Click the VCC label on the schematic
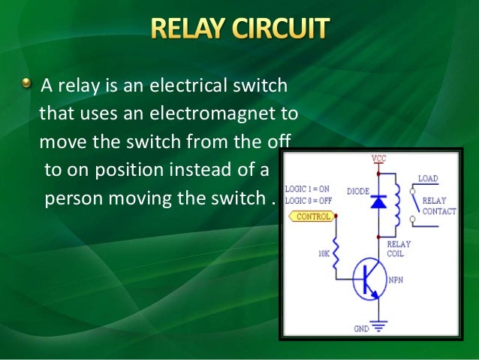click(379, 159)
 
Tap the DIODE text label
click(357, 192)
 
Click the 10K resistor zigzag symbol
click(335, 252)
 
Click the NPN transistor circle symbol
click(370, 280)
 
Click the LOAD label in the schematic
click(428, 179)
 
